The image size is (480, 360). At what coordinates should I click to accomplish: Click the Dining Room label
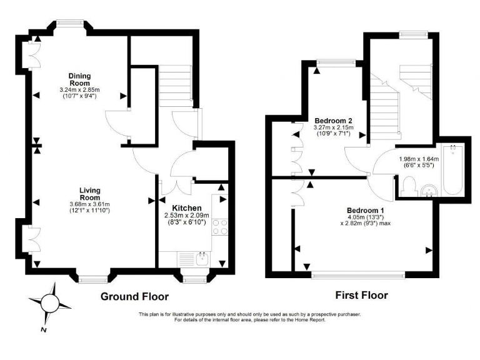(x=80, y=79)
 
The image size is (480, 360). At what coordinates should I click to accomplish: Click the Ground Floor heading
(x=134, y=296)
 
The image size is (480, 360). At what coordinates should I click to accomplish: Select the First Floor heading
(x=361, y=295)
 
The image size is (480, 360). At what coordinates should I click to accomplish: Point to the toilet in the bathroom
(x=409, y=185)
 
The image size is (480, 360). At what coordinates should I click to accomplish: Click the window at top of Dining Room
(x=69, y=23)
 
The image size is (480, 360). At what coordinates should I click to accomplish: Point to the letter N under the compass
(x=42, y=329)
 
